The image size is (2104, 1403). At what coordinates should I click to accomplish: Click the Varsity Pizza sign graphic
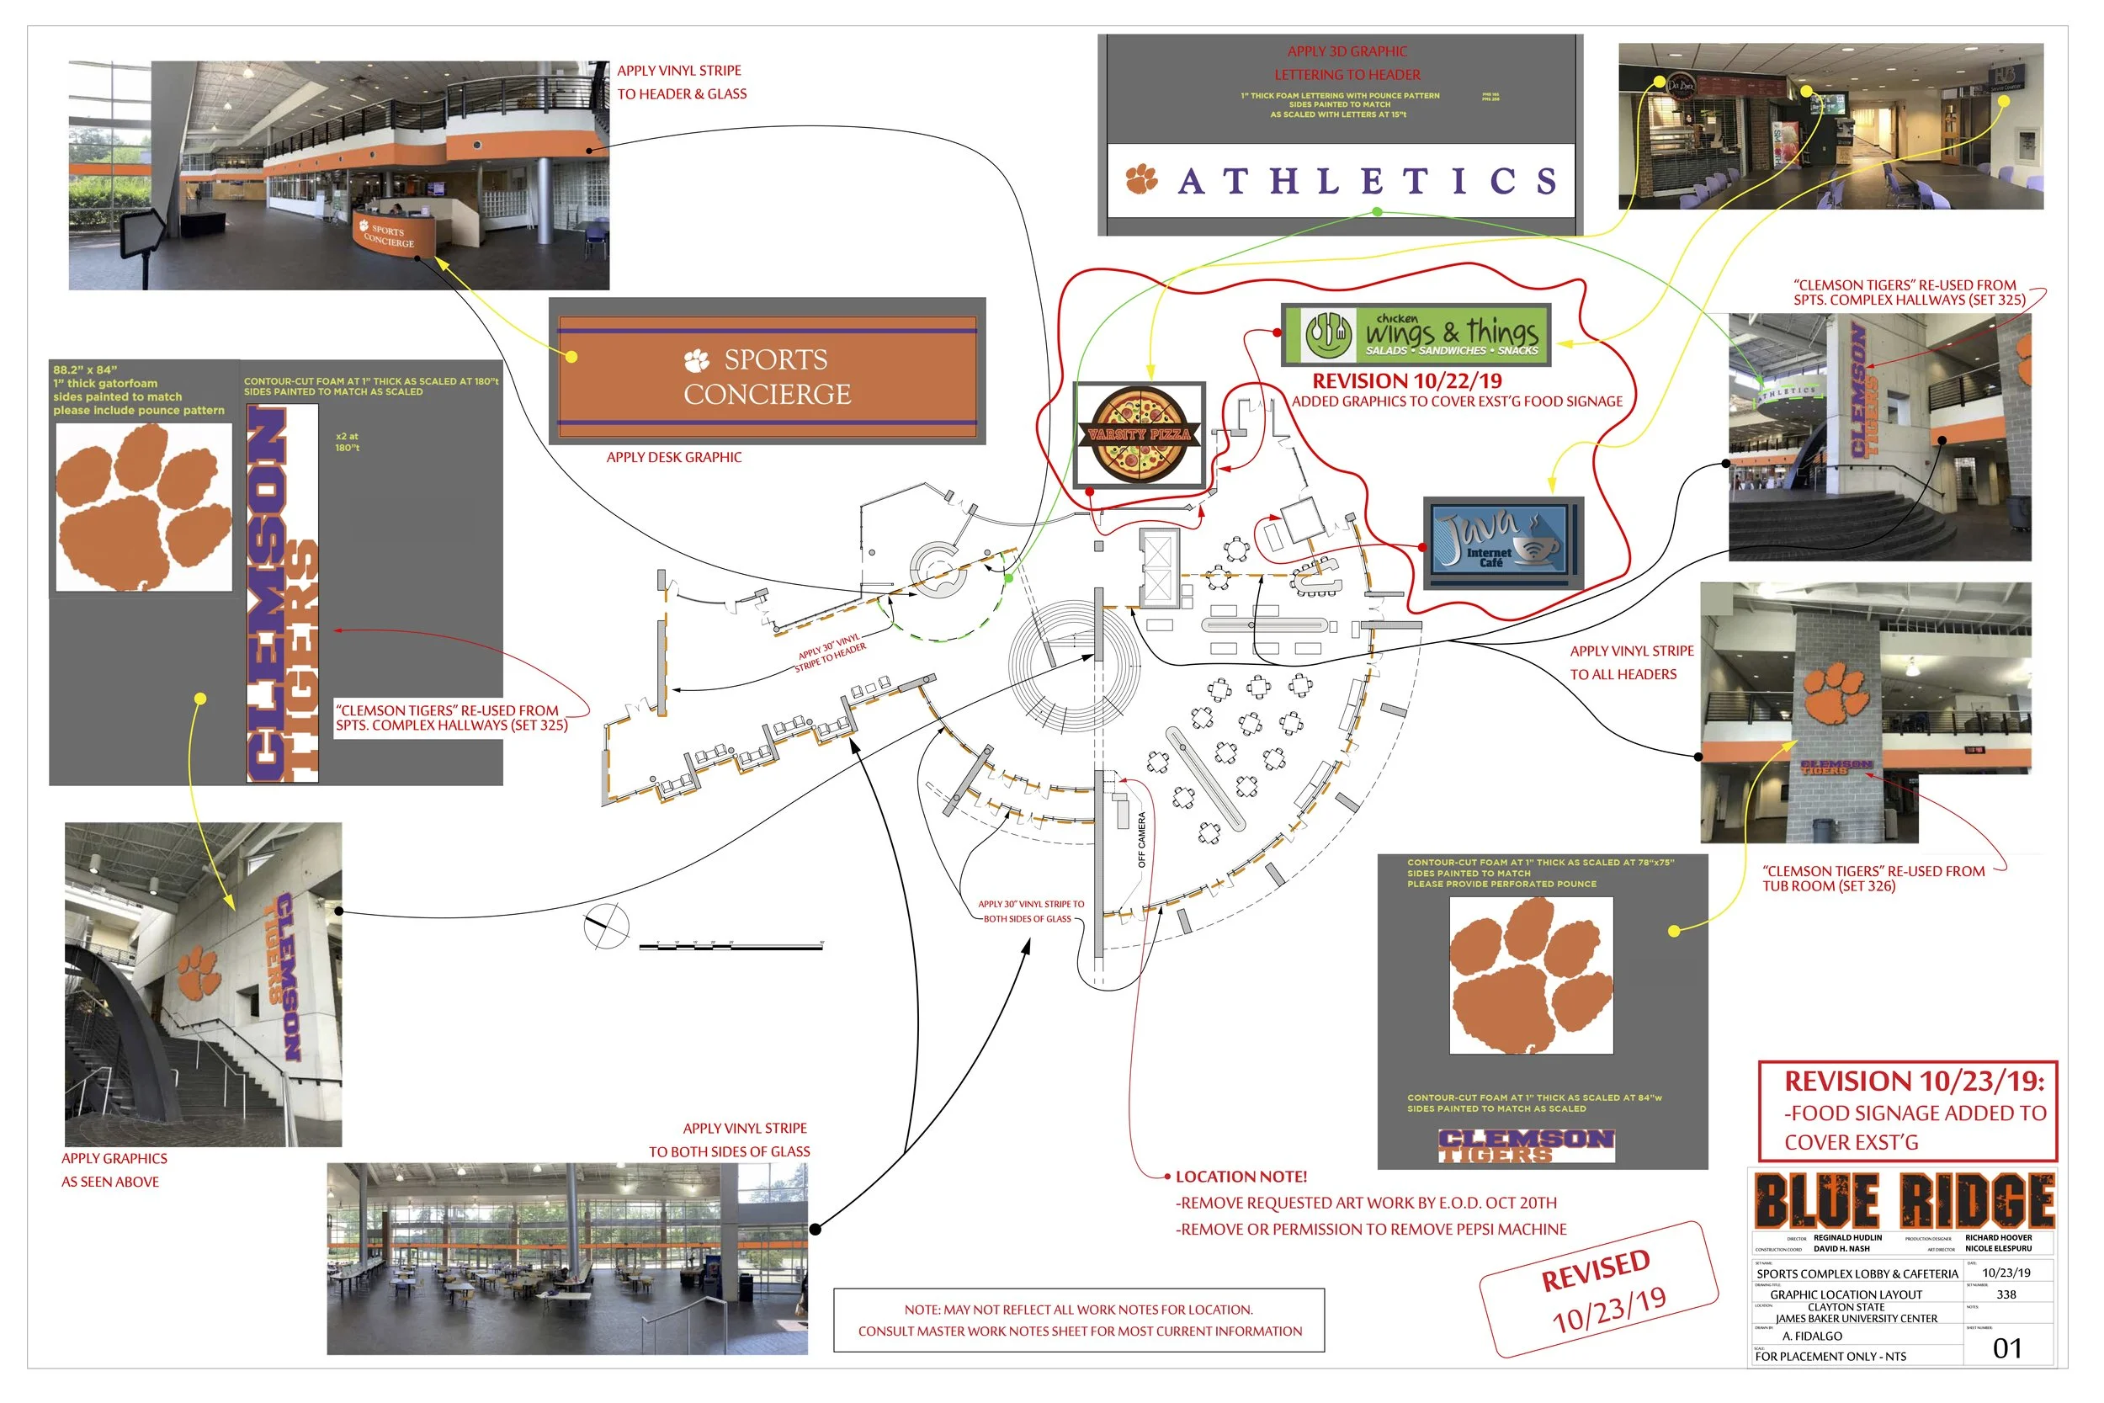point(1139,435)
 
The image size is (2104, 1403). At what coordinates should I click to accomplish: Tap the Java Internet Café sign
point(1503,542)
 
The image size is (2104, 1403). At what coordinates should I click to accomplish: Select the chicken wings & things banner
point(1416,335)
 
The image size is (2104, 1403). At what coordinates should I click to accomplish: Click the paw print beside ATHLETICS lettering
point(1141,179)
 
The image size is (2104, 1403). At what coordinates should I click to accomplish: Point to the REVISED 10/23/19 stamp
point(1598,1289)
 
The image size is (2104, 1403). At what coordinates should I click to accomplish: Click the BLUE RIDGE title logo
point(1904,1200)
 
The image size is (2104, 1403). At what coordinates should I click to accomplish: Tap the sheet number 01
point(2006,1348)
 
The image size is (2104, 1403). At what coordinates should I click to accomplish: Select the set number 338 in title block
point(2006,1294)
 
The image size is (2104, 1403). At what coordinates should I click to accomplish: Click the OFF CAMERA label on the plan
point(1141,839)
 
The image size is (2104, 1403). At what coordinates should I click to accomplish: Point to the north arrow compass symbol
point(607,927)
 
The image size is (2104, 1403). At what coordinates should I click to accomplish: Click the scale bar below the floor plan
point(731,945)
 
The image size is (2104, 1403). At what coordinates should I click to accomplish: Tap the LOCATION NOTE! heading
point(1241,1177)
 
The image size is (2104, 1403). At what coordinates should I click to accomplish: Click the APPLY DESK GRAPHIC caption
point(673,457)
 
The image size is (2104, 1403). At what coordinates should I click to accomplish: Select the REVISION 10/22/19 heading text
point(1407,381)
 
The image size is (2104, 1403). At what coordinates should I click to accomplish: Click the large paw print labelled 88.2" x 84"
point(143,506)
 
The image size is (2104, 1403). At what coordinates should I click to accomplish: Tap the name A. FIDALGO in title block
point(1811,1336)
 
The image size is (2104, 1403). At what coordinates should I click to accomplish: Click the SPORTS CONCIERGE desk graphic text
point(768,377)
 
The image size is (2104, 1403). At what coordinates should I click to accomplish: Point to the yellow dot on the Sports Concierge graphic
point(571,357)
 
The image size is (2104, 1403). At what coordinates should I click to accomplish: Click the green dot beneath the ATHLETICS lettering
point(1377,212)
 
